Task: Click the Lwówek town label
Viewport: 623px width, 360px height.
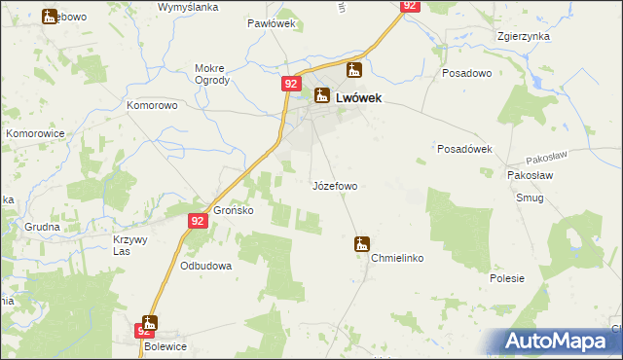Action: (357, 97)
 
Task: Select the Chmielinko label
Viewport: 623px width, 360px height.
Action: (395, 260)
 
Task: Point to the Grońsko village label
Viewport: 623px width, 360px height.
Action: (234, 210)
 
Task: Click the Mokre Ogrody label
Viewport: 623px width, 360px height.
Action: (211, 74)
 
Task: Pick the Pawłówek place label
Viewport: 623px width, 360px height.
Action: (271, 23)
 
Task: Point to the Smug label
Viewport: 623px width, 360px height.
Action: (531, 198)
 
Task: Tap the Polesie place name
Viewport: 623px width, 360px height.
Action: (507, 278)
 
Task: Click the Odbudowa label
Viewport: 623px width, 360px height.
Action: (206, 266)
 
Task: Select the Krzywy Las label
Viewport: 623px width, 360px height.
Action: (128, 245)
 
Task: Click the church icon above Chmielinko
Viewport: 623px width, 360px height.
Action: (362, 244)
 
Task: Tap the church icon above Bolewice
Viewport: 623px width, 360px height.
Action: (149, 323)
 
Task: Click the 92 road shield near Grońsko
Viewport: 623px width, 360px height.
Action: (198, 222)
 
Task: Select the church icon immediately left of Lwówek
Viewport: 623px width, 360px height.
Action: (322, 95)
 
